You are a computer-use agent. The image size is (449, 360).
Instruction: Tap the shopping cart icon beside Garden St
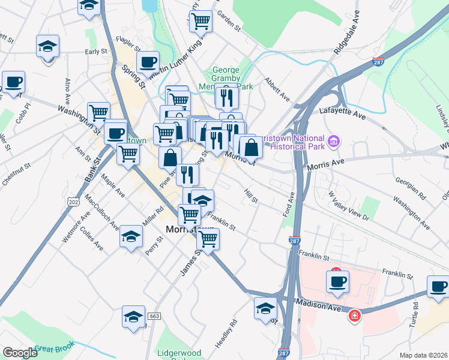tap(200, 22)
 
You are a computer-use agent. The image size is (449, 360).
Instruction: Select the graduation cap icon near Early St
tap(47, 46)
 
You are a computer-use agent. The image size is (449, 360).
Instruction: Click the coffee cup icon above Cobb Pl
tap(13, 82)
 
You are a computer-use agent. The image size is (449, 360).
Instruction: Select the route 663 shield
tap(154, 316)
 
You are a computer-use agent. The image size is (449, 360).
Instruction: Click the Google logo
tap(20, 353)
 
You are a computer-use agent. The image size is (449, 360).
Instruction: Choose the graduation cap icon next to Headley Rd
tap(264, 309)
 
